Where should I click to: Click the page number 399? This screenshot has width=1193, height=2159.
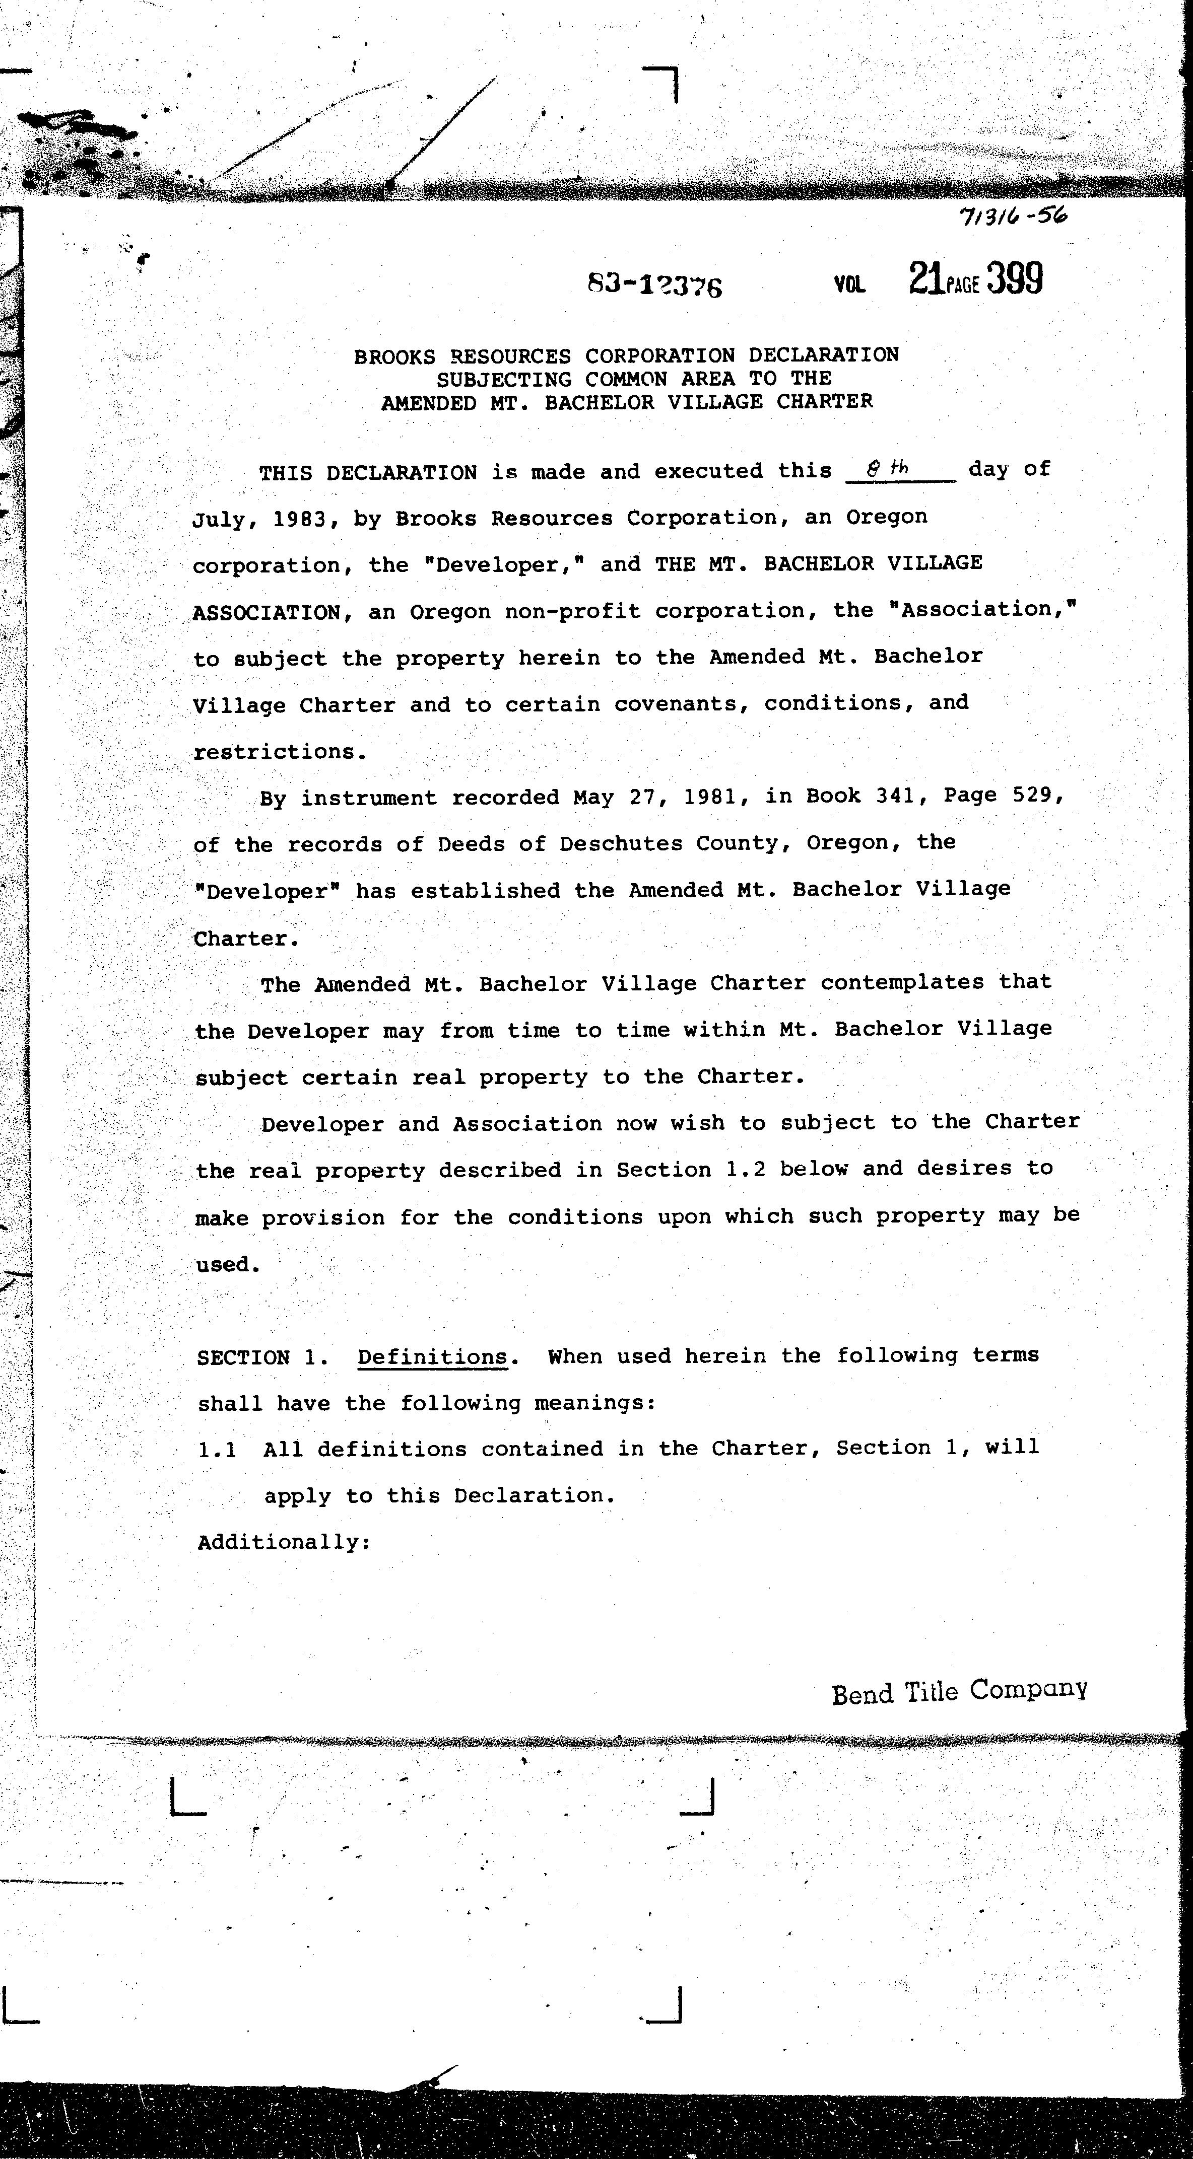pos(1015,279)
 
